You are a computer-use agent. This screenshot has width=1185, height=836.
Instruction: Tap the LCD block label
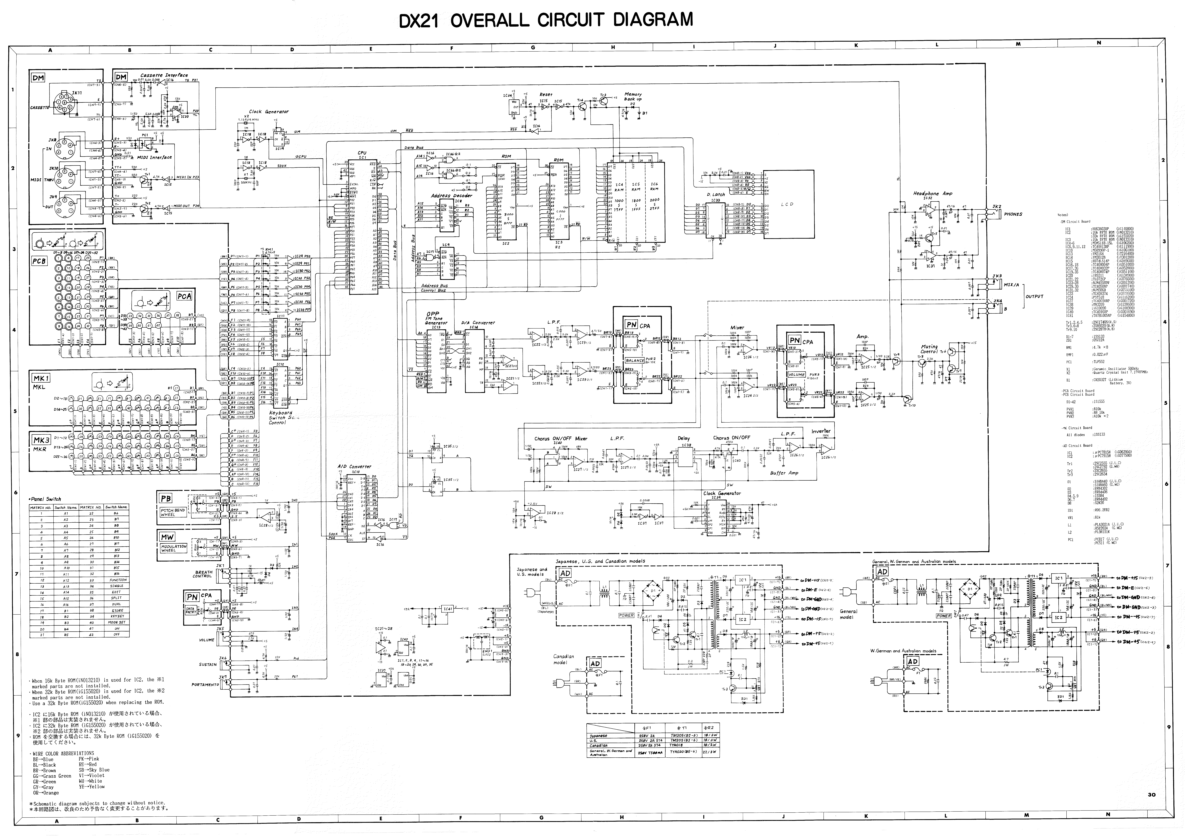pyautogui.click(x=787, y=204)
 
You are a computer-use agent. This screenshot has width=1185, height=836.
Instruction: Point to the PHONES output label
pyautogui.click(x=1013, y=214)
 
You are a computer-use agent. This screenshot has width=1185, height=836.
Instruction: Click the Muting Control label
pyautogui.click(x=929, y=349)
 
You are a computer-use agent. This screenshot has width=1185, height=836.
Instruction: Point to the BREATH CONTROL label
pyautogui.click(x=203, y=574)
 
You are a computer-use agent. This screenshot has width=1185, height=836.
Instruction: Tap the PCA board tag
pyautogui.click(x=184, y=296)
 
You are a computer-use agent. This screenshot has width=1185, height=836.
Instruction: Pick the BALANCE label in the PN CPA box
pyautogui.click(x=634, y=361)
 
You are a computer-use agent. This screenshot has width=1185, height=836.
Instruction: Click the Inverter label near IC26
pyautogui.click(x=821, y=431)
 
